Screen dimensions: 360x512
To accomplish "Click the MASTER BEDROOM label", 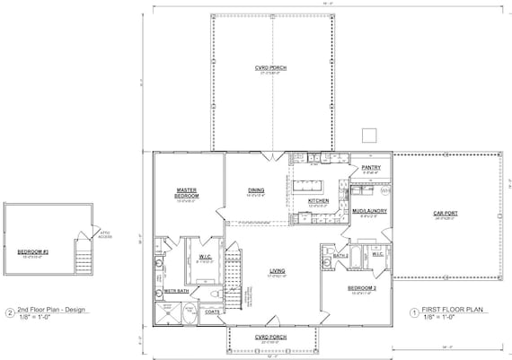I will pyautogui.click(x=187, y=192).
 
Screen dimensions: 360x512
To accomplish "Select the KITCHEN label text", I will pyautogui.click(x=319, y=200).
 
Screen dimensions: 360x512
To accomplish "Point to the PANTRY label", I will pyautogui.click(x=371, y=168).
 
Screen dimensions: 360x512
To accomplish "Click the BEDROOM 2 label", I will pyautogui.click(x=362, y=288).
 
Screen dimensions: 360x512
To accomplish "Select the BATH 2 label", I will pyautogui.click(x=340, y=256).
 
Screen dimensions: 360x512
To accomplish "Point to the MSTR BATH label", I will pyautogui.click(x=176, y=291).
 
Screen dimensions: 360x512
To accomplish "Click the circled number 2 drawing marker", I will pyautogui.click(x=10, y=313).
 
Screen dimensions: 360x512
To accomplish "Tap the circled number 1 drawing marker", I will pyautogui.click(x=414, y=313).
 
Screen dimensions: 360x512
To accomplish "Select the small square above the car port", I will pyautogui.click(x=368, y=135).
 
